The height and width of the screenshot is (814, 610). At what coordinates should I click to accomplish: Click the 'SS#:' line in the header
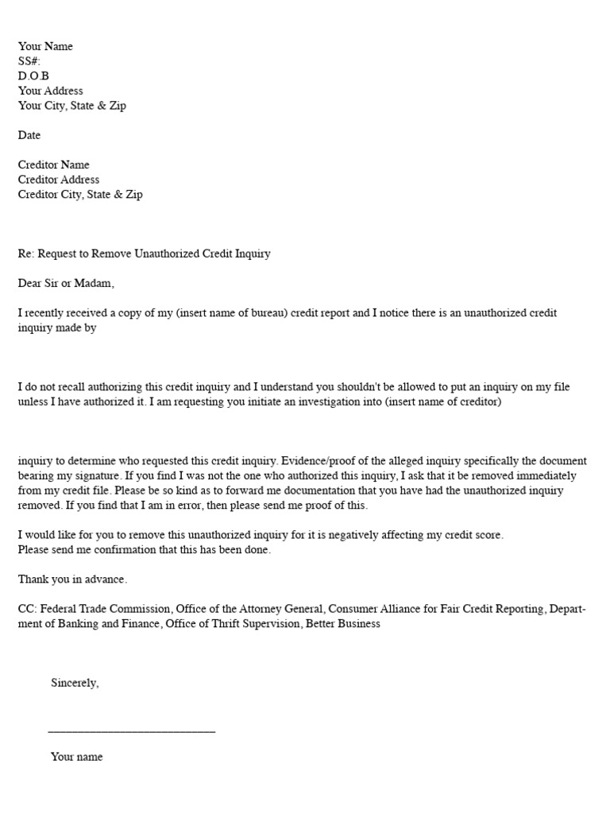coord(29,61)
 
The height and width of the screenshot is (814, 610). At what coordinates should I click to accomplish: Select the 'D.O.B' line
coord(33,76)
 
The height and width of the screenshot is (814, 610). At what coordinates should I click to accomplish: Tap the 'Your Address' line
coord(50,91)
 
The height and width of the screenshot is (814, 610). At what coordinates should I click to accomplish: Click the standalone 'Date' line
coord(29,135)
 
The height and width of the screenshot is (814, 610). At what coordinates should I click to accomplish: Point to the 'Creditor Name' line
coord(53,165)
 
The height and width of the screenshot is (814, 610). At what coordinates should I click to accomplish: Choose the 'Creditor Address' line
coord(59,180)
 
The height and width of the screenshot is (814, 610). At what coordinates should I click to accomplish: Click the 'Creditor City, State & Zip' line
coord(80,194)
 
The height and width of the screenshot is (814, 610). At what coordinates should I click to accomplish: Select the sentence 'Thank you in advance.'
coord(72,579)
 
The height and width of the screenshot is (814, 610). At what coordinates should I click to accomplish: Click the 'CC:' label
coord(27,609)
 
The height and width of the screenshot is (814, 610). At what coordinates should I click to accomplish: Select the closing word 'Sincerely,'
coord(75,683)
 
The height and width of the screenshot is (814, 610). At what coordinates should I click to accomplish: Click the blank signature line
coord(132,730)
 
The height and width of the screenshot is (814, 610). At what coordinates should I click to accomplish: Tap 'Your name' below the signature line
coord(76,757)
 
